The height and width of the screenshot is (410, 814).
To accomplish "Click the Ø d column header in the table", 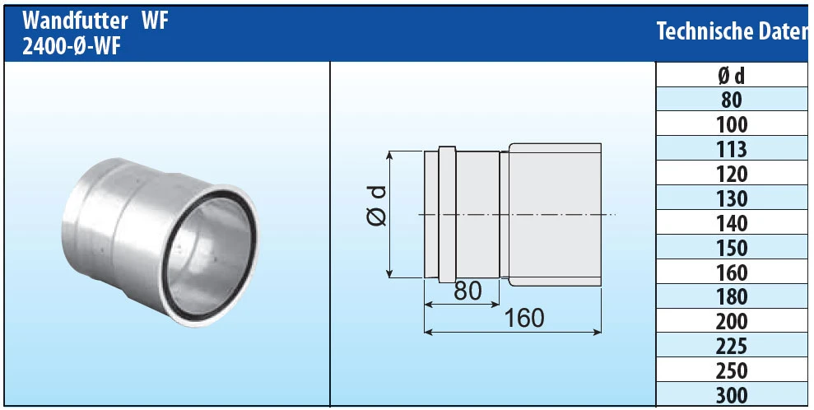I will [731, 76].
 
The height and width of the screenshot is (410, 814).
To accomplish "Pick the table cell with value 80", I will [731, 100].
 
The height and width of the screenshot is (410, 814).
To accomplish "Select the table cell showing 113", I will [731, 150].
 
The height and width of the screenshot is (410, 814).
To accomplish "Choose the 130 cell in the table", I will [731, 199].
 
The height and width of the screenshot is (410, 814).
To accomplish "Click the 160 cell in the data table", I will [731, 273].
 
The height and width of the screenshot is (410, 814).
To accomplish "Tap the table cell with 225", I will [731, 346].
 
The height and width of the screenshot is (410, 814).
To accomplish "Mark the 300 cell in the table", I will [731, 395].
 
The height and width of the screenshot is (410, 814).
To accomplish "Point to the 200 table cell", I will [731, 321].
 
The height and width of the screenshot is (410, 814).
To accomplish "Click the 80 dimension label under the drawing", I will [468, 291].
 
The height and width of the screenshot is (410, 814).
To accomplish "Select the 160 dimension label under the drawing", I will [523, 319].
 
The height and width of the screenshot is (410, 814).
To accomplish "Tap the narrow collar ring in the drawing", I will [446, 216].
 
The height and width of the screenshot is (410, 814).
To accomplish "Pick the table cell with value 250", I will [731, 370].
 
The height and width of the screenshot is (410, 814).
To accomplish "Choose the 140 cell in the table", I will [731, 223].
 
